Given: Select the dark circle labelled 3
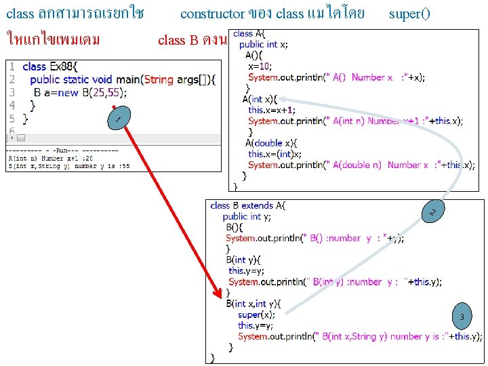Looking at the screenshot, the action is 462,317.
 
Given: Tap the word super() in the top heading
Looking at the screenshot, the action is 409,14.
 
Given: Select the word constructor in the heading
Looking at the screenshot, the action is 212,14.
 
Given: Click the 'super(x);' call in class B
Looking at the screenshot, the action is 257,314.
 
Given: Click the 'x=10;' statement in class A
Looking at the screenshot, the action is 260,66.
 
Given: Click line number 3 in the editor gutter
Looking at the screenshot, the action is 12,92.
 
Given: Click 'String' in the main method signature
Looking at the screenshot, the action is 159,79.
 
